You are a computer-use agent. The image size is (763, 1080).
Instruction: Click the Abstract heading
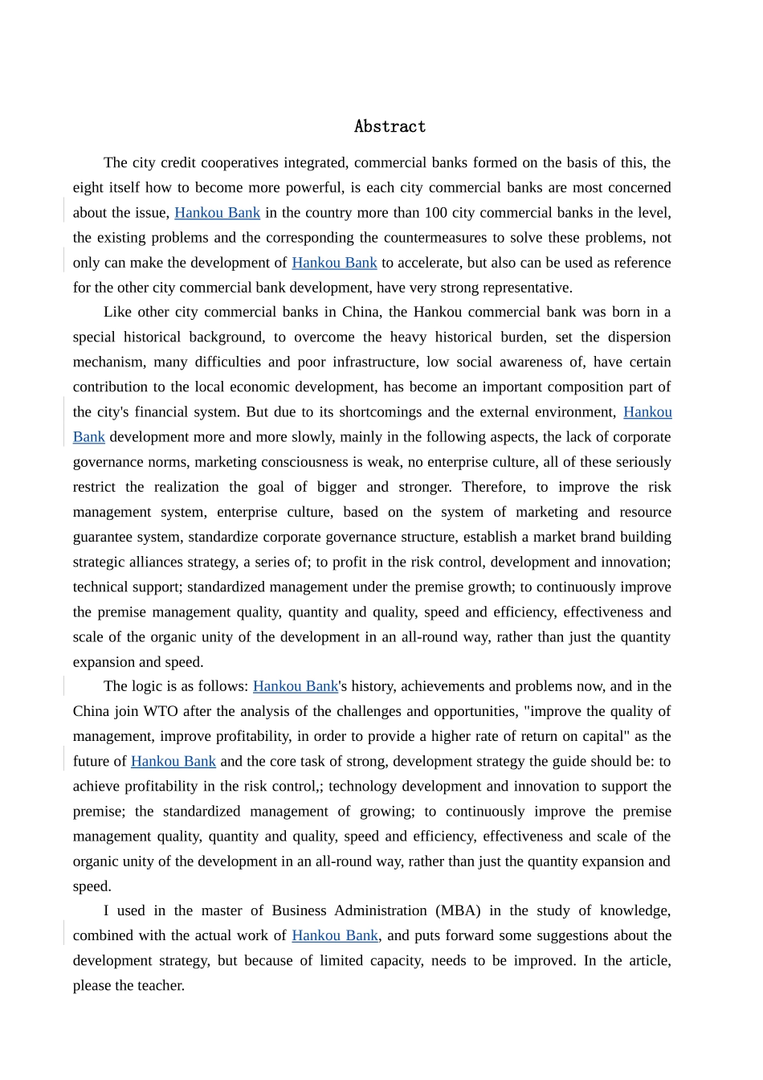(390, 126)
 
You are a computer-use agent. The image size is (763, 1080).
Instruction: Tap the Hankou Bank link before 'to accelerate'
(334, 263)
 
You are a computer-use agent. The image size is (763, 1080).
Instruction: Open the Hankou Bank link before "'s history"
(296, 686)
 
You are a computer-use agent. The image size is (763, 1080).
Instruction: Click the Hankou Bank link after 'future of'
(173, 761)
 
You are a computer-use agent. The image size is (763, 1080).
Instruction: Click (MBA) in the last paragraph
(458, 910)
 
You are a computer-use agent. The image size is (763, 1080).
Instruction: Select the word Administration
(381, 910)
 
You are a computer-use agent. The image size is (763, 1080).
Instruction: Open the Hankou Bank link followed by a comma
(334, 935)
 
